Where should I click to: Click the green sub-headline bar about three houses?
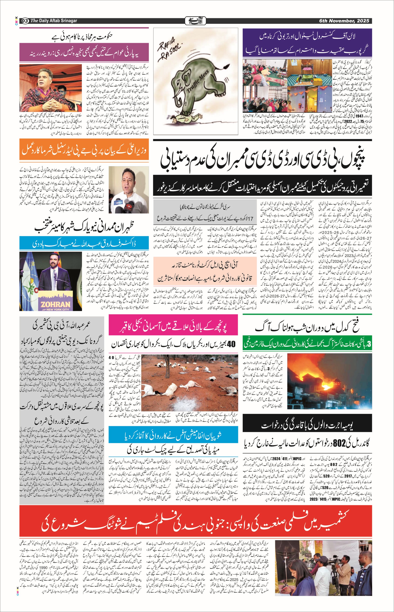[x=307, y=344]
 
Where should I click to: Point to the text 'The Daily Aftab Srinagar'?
[x=54, y=21]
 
